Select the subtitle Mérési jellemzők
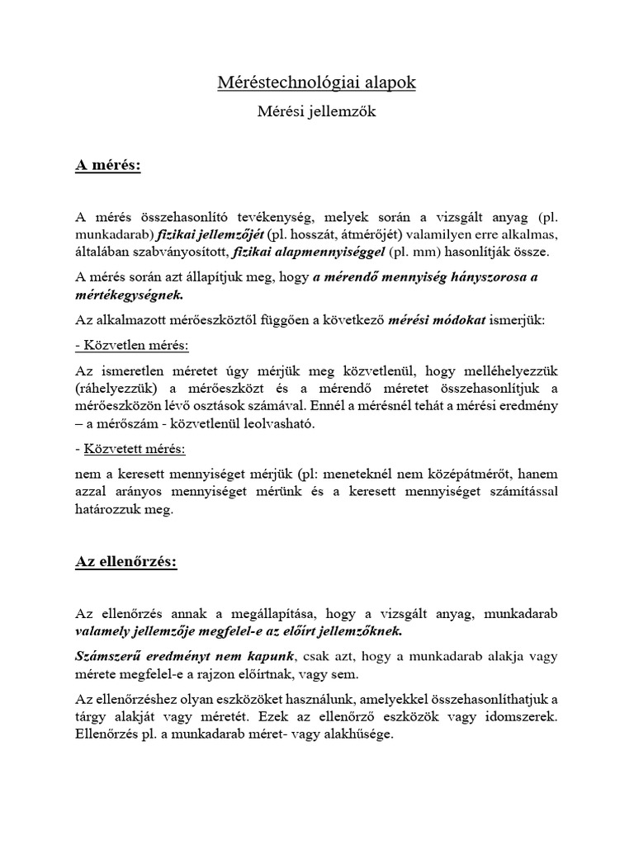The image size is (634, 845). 317,112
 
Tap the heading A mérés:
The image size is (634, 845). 108,165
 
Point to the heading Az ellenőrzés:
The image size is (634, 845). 126,562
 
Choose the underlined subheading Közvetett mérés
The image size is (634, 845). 134,449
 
